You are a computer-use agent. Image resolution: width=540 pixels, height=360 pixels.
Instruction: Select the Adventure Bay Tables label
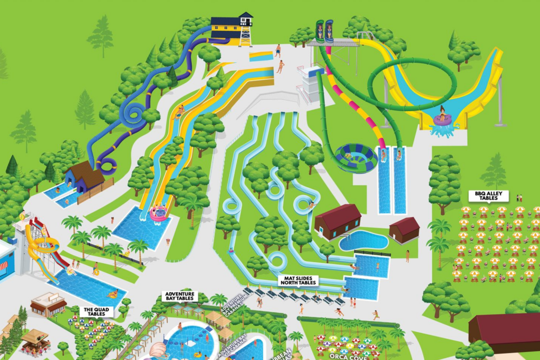point(180,296)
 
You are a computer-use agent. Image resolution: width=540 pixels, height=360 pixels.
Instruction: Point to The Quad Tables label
point(95,312)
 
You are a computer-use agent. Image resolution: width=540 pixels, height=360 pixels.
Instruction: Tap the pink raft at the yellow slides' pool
point(159,213)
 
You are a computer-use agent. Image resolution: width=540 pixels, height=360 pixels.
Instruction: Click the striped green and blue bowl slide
point(356,157)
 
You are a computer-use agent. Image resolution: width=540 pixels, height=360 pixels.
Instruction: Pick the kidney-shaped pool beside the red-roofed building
point(363,240)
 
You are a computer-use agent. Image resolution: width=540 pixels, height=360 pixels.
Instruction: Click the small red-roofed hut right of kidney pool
point(404,230)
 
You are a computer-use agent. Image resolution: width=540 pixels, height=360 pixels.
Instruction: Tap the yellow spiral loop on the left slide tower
point(42,246)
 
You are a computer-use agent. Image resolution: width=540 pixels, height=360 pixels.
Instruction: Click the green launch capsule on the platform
point(320,31)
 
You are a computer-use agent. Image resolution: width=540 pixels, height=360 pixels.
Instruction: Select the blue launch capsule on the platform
point(330,31)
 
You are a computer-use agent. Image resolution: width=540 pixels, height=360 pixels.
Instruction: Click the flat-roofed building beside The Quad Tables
point(48,305)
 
